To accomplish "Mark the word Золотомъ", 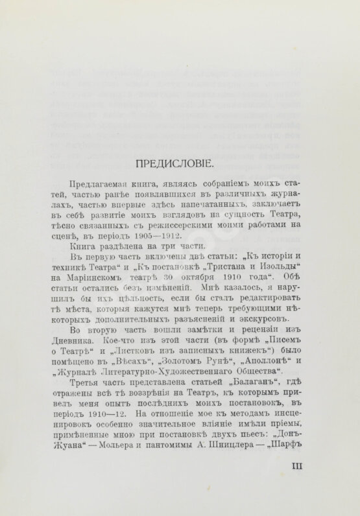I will point(176,368).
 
